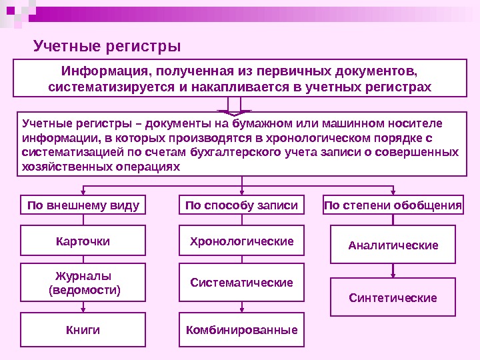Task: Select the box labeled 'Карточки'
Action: pos(83,241)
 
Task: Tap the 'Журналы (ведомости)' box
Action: pos(83,283)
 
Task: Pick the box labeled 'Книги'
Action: pos(83,330)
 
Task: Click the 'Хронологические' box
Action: pos(241,241)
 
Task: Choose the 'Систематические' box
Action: pos(241,283)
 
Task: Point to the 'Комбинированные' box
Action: pos(241,330)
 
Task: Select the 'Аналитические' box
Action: pos(393,245)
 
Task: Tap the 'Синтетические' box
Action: pos(393,297)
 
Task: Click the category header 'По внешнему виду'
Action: pos(83,205)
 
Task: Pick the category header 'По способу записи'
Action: pos(241,205)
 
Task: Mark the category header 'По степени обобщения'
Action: pos(393,205)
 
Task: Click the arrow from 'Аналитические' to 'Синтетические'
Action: pos(393,270)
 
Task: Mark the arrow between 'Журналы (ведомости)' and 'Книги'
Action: pos(83,307)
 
